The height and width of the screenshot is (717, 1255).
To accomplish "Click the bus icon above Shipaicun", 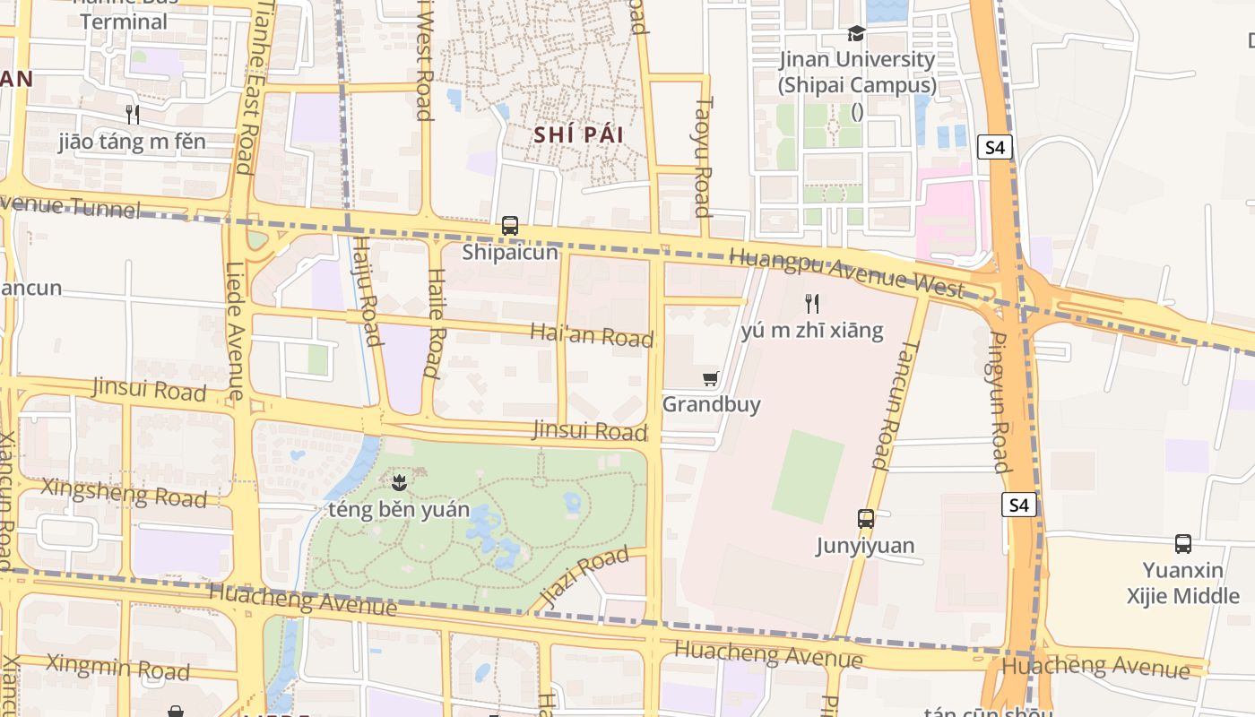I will [x=510, y=225].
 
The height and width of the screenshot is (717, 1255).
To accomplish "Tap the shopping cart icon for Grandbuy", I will [x=711, y=378].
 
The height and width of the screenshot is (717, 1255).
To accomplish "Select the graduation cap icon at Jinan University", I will [x=856, y=33].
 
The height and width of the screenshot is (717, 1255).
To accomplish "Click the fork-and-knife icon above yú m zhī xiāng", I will [x=812, y=303].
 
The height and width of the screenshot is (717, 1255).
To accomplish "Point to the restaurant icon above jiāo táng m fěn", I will [x=133, y=114].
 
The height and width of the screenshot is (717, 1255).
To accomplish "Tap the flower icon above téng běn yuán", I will [x=399, y=482].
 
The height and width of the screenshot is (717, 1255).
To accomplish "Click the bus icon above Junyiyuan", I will [x=865, y=518].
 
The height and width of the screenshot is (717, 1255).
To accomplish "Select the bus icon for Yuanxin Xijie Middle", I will [x=1183, y=543].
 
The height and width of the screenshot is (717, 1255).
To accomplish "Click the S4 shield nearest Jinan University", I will [x=995, y=147].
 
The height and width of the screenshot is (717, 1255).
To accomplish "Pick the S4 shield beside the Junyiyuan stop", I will [x=1019, y=505].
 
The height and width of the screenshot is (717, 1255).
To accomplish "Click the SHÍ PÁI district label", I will [x=578, y=135].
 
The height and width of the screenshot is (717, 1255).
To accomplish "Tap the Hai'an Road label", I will [x=592, y=335].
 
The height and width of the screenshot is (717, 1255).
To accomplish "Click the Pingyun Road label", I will [x=1000, y=402].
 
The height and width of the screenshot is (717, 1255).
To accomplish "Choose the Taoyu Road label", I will [x=703, y=157].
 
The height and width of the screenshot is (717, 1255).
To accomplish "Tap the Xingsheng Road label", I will [x=125, y=493].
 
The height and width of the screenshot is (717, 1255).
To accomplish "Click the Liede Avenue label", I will [x=236, y=331].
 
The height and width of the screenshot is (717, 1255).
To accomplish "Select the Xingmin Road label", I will [x=117, y=667].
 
